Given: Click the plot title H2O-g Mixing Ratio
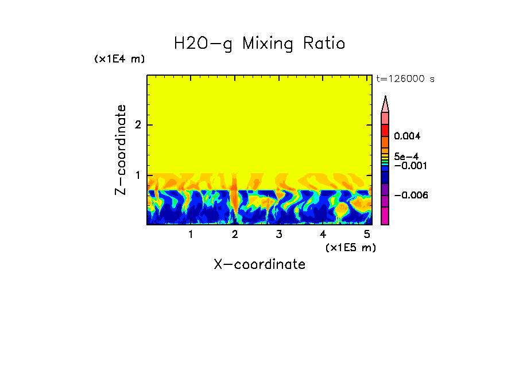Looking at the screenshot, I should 259,44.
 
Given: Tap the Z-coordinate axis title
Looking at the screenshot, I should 121,150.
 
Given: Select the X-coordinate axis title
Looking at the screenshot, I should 259,264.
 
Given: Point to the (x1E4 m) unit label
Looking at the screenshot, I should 119,59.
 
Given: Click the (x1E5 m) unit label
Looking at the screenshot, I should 350,247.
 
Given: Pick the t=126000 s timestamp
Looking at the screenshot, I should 405,79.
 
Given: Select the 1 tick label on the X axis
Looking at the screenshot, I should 191,235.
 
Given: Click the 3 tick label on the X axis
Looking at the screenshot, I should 278,235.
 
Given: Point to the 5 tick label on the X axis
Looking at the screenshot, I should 367,235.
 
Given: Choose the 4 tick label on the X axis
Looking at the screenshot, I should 323,235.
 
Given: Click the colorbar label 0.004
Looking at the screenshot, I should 407,136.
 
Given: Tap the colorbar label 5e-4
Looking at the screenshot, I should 406,156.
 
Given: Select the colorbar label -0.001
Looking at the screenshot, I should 409,165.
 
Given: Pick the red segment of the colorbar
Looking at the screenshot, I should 385,130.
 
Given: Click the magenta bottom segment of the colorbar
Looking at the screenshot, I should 385,216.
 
